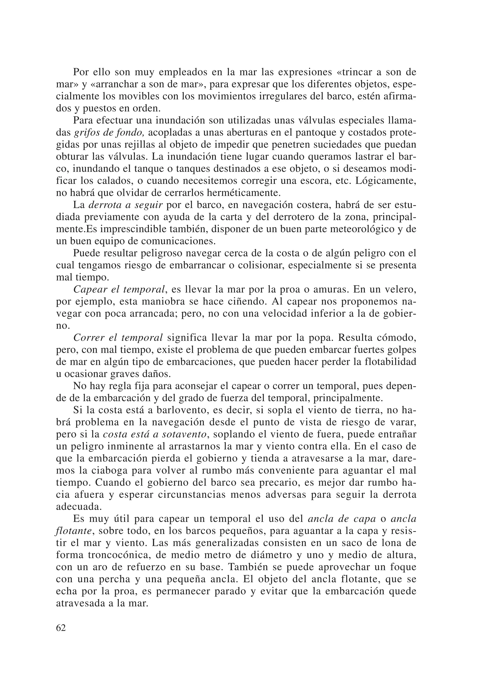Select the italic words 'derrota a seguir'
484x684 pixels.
tap(126, 205)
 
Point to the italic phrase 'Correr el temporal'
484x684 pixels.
tap(118, 338)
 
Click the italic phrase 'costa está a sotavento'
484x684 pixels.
tap(155, 434)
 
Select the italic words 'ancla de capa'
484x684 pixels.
tap(341, 519)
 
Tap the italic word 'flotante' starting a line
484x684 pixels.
tap(73, 531)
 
